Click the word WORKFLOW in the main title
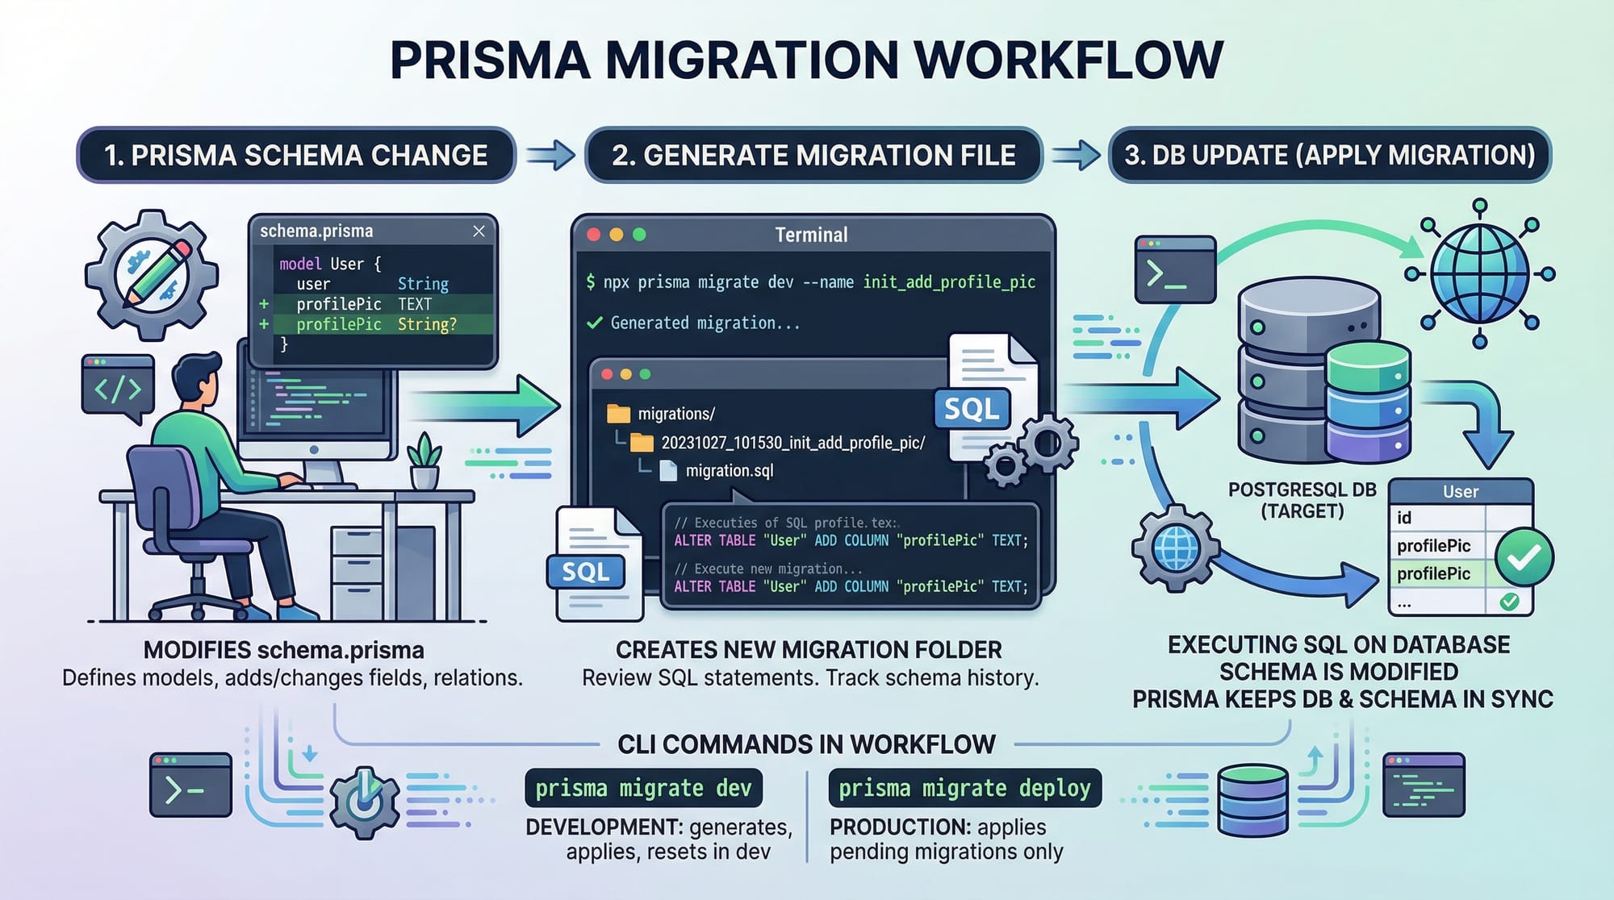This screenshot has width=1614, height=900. (x=1069, y=60)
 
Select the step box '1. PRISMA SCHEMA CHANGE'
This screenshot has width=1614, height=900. (x=296, y=155)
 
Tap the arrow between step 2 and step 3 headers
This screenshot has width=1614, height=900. (x=1076, y=155)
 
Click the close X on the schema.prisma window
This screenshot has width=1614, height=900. (x=479, y=231)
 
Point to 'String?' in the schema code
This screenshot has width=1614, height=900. (x=427, y=324)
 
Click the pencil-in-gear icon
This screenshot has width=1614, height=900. (x=152, y=274)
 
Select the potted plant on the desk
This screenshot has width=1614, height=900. (x=424, y=460)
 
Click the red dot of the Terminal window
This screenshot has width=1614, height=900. (x=594, y=235)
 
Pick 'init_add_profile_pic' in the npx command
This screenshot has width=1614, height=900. (x=949, y=282)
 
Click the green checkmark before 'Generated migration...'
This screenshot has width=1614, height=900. (x=595, y=323)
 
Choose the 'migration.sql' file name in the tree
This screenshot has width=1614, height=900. (x=730, y=471)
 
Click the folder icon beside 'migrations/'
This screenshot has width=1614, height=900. (x=618, y=414)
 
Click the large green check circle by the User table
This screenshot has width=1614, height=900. (x=1524, y=557)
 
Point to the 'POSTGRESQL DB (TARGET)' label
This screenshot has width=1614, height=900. (x=1302, y=500)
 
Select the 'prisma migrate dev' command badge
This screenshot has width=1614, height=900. (x=643, y=788)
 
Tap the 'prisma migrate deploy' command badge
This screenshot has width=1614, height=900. (x=964, y=788)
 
